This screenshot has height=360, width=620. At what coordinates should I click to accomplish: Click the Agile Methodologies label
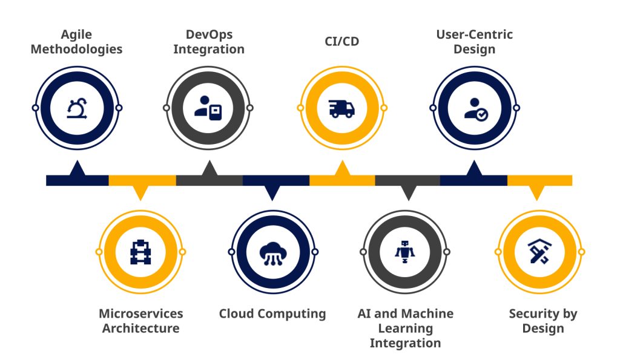pos(76,42)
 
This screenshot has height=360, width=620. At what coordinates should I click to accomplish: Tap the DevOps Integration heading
pos(209,42)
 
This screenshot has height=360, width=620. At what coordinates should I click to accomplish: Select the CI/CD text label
pos(341,43)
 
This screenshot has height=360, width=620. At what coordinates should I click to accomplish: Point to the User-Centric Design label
pos(474,42)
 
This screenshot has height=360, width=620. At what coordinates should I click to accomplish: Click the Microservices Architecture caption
pos(141,321)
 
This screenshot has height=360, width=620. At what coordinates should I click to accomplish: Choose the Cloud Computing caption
pos(272,314)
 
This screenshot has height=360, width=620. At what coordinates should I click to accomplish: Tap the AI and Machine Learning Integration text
pos(405,328)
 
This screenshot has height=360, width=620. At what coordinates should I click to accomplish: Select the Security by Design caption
pos(542,321)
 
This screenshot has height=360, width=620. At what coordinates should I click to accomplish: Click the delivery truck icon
pos(341,108)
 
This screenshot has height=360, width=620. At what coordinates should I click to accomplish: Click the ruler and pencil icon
pos(538,251)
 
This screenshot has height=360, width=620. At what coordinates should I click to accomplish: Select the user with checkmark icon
pos(475,108)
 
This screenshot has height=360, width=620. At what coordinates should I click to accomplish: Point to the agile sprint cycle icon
pos(77,108)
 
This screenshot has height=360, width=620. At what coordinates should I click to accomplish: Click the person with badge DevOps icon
pos(208,108)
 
